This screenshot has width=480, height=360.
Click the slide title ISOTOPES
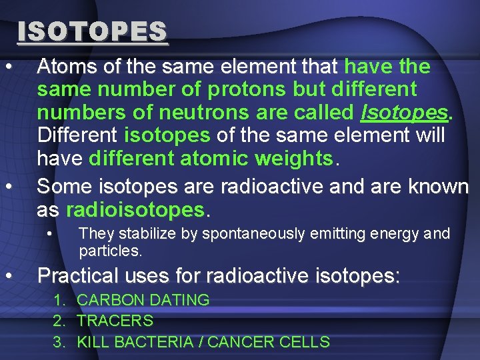pos(93,31)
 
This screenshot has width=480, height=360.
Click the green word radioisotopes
pos(137,210)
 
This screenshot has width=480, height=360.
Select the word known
pos(439,187)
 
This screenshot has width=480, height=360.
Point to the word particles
pos(109,251)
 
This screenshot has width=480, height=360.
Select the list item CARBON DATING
pos(143,300)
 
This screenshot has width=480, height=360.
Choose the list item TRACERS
pos(115,321)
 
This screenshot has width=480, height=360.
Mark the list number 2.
pos(59,321)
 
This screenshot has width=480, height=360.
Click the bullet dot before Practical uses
pos(8,275)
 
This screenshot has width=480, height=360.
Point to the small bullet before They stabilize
pos(50,233)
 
